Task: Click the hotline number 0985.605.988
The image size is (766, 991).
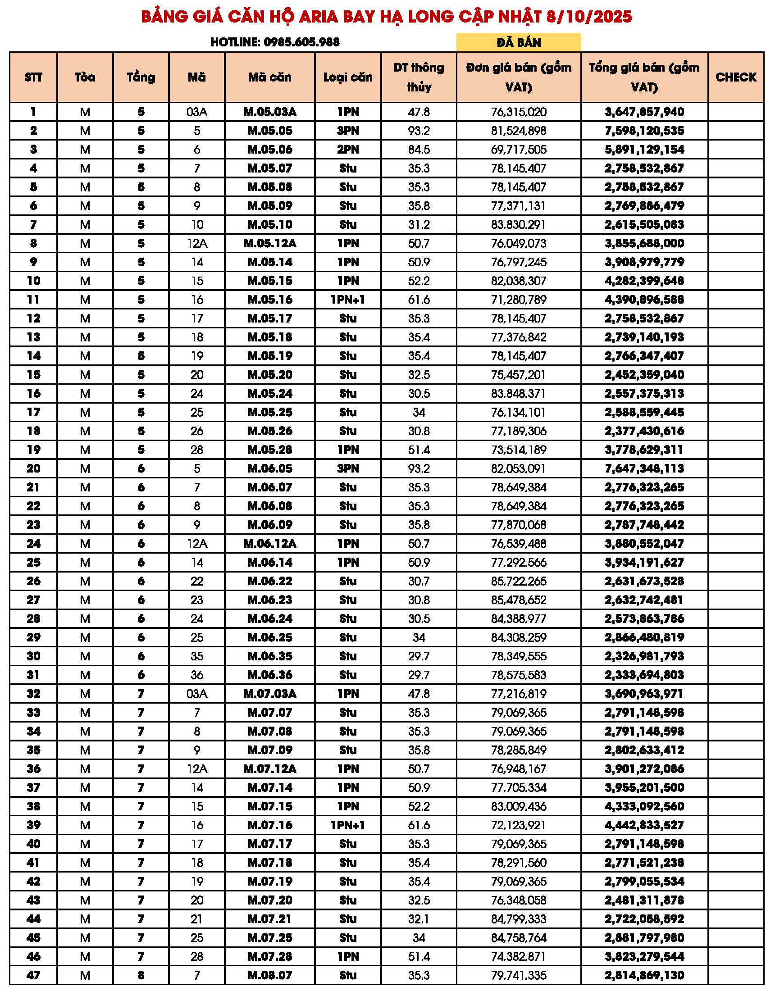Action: pos(301,42)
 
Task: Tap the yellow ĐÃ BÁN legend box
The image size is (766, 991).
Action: pos(518,42)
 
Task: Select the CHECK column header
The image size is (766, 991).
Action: pos(736,77)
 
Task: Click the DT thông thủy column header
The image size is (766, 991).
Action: pos(419,77)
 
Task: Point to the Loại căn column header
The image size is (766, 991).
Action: pos(347,77)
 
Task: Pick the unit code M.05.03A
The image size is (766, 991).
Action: pos(269,112)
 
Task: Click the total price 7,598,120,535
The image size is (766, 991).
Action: pos(644,131)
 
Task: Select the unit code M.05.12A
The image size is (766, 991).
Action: pos(269,243)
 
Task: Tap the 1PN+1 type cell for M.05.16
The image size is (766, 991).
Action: pos(347,300)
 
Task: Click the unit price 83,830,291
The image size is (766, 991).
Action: pos(518,225)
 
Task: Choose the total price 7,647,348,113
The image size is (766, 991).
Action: pos(644,468)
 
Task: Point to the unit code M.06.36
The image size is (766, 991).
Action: pos(269,675)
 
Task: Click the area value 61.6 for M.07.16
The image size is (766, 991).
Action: pos(419,825)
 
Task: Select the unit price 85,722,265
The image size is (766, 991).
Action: pos(518,581)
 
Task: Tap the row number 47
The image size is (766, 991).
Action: pos(33,975)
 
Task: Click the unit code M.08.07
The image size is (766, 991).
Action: pos(269,975)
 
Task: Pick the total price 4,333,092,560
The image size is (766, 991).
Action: pos(644,806)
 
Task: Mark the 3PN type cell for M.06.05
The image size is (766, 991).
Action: pos(347,468)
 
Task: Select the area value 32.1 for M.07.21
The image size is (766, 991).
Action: pos(419,919)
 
